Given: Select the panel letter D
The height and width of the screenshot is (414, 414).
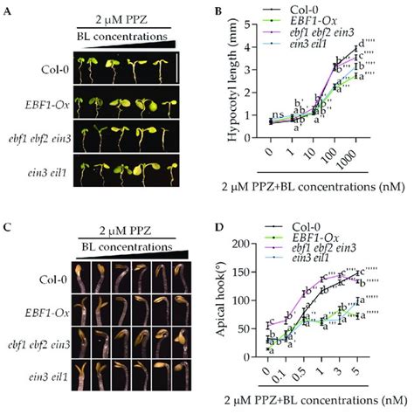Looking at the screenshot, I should pos(219,212).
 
